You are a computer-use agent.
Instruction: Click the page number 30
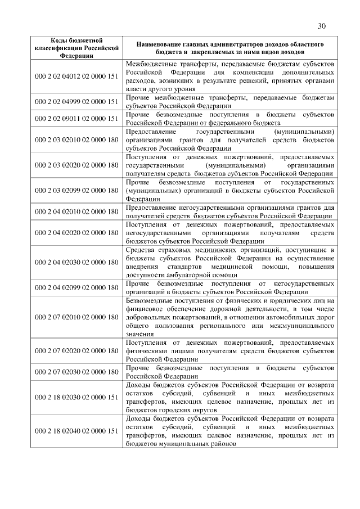coord(321,26)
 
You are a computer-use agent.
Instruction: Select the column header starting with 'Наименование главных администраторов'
coord(229,48)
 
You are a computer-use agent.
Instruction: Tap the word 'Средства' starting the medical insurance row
coord(141,250)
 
